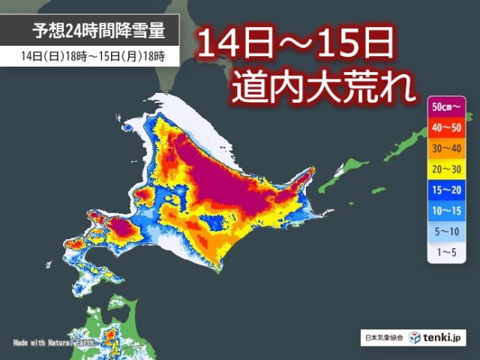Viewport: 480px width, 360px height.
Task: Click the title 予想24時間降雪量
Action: point(97,31)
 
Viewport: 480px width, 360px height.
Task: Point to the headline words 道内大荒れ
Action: point(323,87)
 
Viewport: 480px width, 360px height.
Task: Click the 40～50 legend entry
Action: point(448,128)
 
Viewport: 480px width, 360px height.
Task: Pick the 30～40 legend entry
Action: point(448,149)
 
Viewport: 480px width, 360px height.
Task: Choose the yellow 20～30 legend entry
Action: point(448,170)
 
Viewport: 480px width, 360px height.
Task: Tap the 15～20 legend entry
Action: point(448,191)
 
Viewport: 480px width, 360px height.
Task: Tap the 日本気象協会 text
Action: point(382,338)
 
